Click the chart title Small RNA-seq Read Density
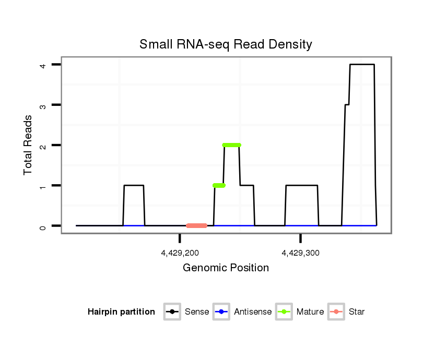(x=226, y=44)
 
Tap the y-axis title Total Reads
(x=28, y=145)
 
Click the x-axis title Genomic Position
(x=226, y=268)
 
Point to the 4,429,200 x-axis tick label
(x=180, y=253)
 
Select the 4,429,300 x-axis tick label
(x=300, y=253)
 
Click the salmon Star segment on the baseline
(x=196, y=225)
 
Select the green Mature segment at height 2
(x=231, y=145)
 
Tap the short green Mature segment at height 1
(x=219, y=185)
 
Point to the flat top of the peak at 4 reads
(x=362, y=65)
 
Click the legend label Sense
(x=197, y=312)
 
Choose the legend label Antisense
(x=253, y=312)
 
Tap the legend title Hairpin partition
(x=121, y=312)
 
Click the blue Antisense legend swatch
(x=221, y=312)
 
